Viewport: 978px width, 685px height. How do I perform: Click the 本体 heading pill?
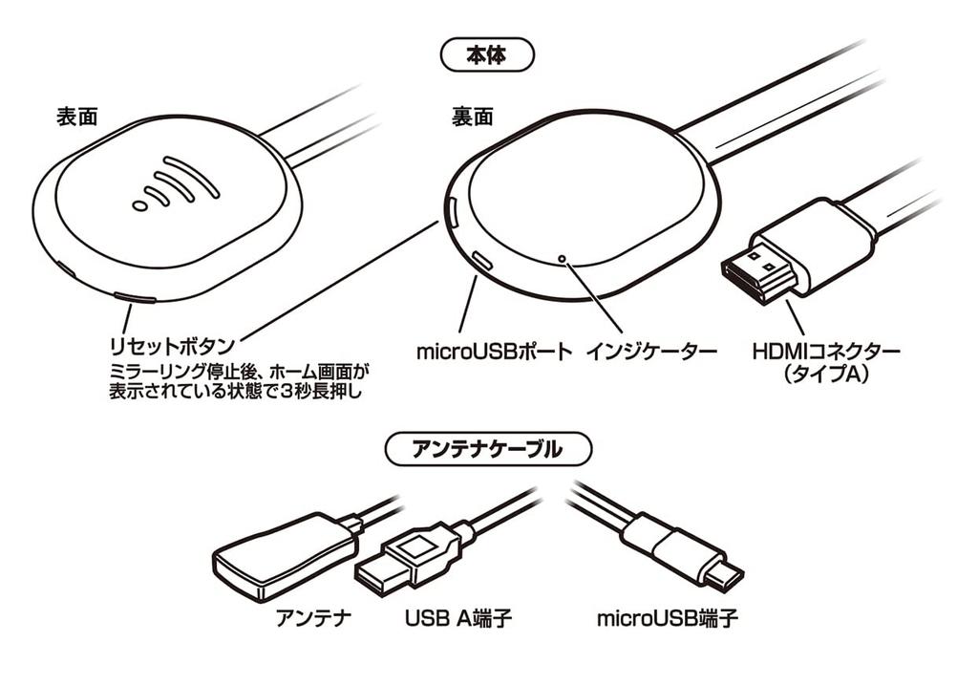pos(487,55)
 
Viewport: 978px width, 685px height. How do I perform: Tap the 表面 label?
pos(77,117)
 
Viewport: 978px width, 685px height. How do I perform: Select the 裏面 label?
pos(472,117)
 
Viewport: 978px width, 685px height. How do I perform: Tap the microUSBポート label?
pos(493,352)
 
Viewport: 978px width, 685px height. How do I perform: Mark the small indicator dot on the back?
pos(563,258)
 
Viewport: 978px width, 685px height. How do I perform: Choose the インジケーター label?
pos(653,352)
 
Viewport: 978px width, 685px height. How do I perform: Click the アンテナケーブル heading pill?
pos(487,450)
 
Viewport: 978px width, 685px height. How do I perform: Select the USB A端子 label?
pos(457,618)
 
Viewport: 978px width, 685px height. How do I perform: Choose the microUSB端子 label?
pos(667,618)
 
